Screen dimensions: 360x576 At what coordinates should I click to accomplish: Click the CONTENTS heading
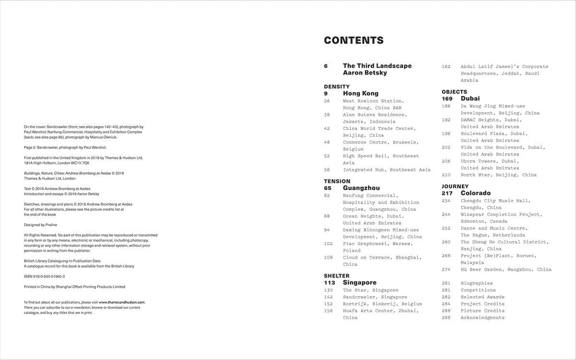pos(354,40)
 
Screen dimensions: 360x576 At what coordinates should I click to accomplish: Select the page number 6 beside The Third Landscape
pos(326,66)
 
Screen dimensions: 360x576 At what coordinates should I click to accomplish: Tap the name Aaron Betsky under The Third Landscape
pos(365,73)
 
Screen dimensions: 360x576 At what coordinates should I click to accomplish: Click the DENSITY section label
pos(337,86)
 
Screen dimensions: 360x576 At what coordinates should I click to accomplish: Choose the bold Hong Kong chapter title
pos(360,94)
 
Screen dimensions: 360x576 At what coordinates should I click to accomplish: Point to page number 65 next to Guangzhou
pos(328,188)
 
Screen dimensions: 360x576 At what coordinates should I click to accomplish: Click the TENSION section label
pos(337,181)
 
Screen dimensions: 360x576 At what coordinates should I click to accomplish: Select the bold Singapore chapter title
pos(360,283)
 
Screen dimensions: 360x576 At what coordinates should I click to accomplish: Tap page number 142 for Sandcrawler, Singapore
pos(328,297)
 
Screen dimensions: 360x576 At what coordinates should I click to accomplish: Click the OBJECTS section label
pos(455,92)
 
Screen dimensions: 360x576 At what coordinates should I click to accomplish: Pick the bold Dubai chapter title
pos(470,99)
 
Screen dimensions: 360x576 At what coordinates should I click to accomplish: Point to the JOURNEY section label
pos(455,186)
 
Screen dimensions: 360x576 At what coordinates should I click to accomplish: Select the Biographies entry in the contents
pos(477,283)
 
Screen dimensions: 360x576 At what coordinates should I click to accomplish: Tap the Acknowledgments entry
pos(482,318)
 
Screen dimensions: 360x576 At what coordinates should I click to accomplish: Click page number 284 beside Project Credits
pos(446,304)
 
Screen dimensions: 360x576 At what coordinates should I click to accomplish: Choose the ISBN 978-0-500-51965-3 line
pos(44,276)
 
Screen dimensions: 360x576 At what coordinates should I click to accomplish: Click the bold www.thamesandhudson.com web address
pos(122,302)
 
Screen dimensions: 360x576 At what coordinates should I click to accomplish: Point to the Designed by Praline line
pos(42,225)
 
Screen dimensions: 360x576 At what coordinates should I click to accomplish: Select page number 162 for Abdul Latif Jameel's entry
pos(446,67)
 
